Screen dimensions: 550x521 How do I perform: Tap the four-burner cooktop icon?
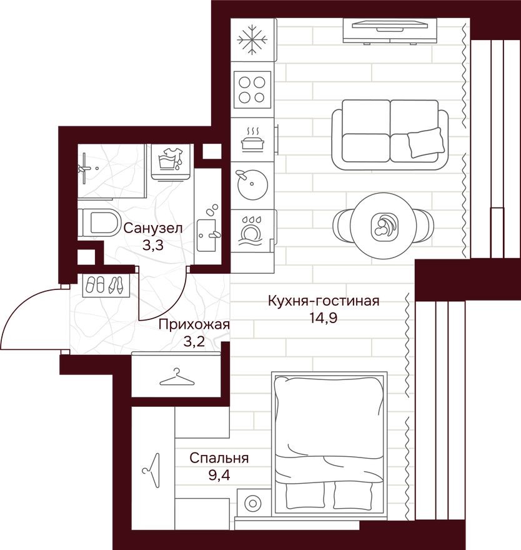click(252, 89)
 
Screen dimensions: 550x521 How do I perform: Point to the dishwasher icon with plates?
click(252, 231)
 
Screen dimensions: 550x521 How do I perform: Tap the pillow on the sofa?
click(426, 142)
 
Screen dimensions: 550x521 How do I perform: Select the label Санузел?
click(152, 229)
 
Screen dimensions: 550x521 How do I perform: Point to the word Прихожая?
click(194, 324)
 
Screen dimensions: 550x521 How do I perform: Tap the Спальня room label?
click(219, 458)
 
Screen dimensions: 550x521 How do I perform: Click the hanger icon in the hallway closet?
click(175, 377)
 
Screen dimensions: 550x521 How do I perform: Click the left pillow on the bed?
click(305, 495)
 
